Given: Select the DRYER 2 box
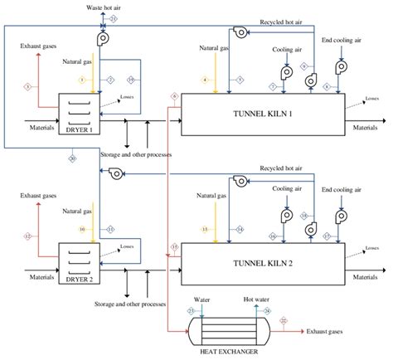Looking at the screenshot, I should coord(77,264).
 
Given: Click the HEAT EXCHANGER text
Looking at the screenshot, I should coord(222,352).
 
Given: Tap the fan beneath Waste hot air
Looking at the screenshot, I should coord(104,38).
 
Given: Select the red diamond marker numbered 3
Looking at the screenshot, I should coord(27,86).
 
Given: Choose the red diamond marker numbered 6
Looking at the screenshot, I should coord(173,97).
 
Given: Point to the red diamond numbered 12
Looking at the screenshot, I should coord(27,236).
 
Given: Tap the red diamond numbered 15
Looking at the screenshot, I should coord(173,247).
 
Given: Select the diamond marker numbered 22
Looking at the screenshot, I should coord(284,319).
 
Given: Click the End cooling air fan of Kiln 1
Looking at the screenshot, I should coord(340,66).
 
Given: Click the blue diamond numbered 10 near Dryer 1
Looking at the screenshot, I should coord(131,79).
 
